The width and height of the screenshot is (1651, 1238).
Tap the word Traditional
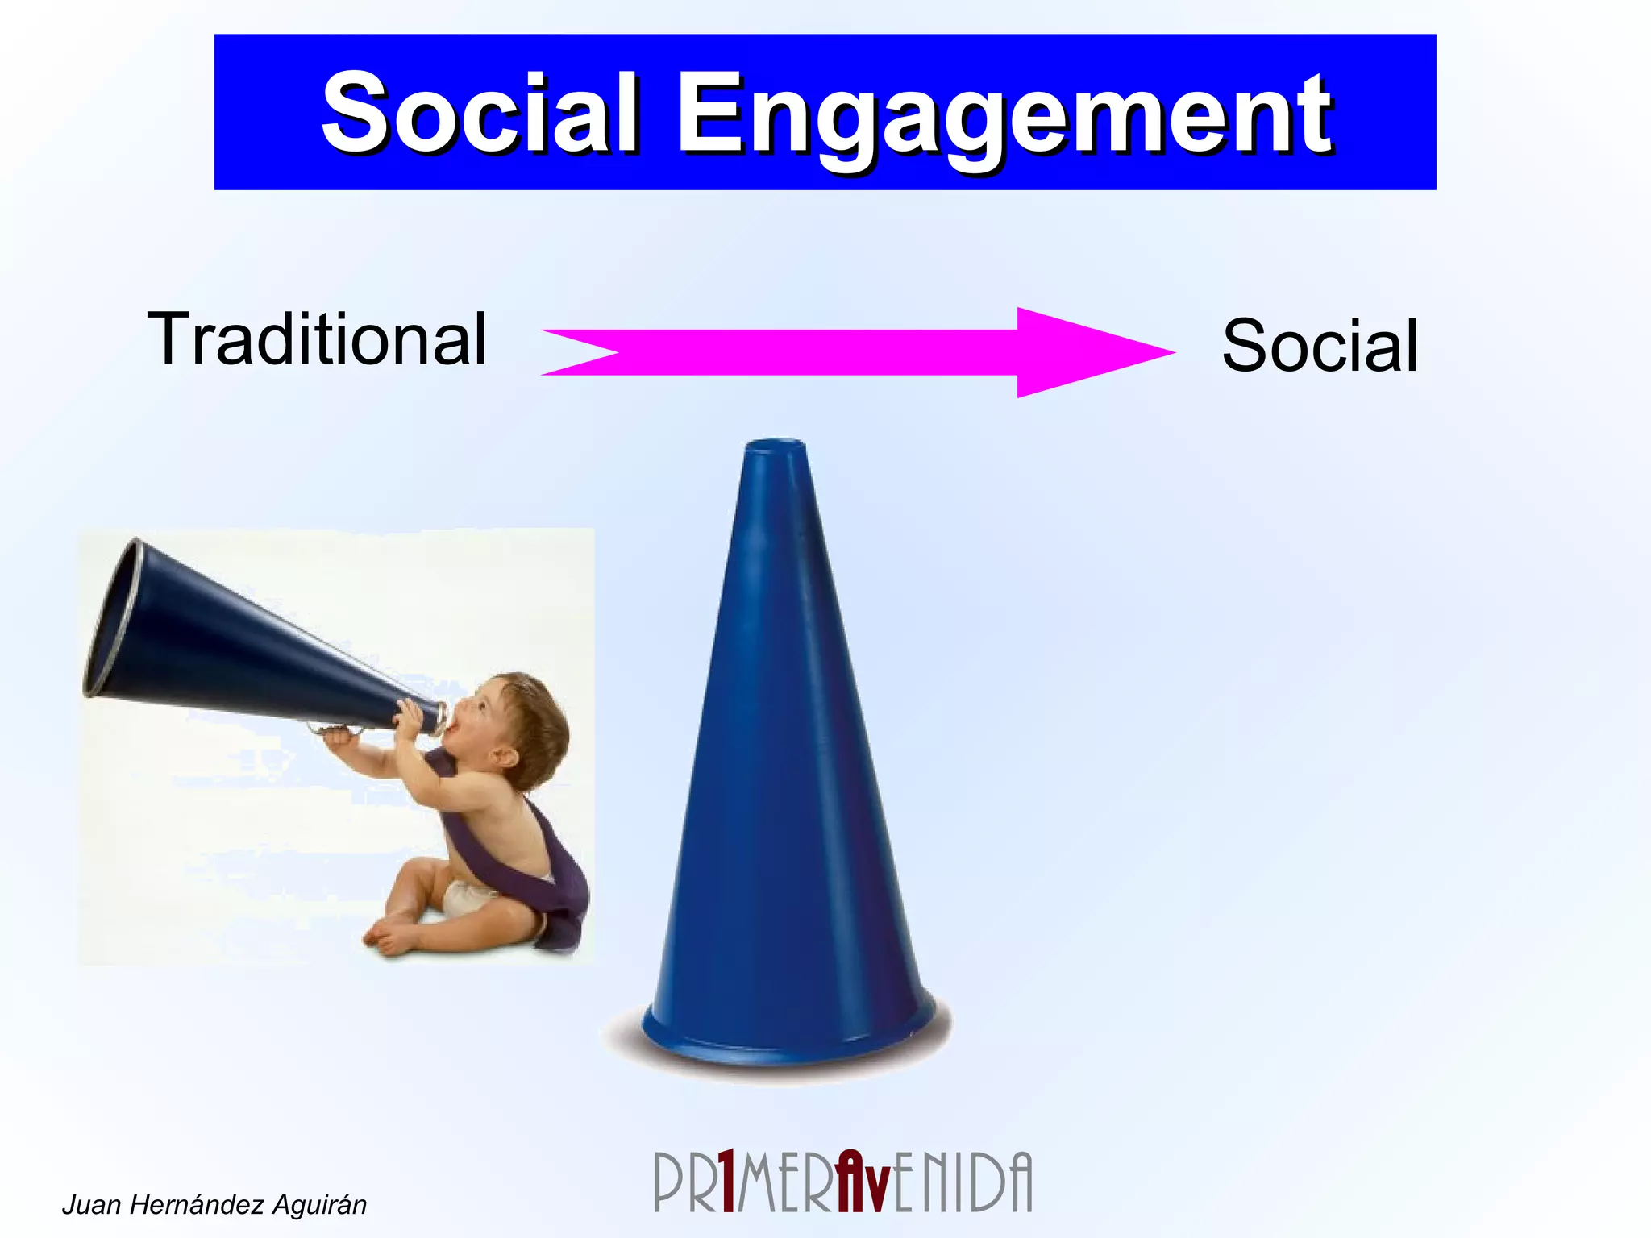(x=317, y=339)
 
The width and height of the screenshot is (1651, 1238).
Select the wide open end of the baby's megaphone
(x=113, y=617)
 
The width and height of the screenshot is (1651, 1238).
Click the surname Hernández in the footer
(x=198, y=1205)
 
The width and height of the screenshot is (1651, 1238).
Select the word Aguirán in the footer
(x=319, y=1205)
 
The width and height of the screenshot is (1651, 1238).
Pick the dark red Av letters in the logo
(x=863, y=1182)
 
